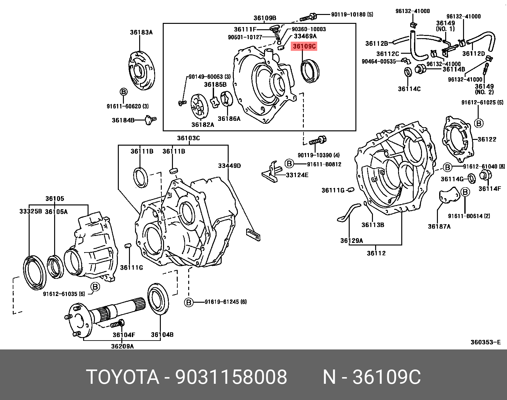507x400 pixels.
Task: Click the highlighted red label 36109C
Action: [x=304, y=46]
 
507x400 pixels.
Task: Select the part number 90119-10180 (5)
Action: [x=352, y=14]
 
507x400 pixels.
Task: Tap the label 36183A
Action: [x=141, y=32]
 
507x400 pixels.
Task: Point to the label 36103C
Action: [x=188, y=138]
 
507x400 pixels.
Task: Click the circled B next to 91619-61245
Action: [x=189, y=302]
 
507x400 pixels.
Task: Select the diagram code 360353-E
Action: [x=485, y=342]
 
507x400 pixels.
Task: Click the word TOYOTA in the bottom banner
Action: [x=122, y=377]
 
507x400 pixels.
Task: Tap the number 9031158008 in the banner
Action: [x=231, y=377]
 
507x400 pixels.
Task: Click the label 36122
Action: [x=487, y=139]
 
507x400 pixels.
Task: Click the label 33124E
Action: [x=297, y=175]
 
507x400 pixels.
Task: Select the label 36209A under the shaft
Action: [x=122, y=346]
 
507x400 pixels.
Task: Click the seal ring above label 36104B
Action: [x=158, y=299]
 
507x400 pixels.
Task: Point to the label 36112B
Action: [x=376, y=44]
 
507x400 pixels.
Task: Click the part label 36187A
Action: [x=439, y=226]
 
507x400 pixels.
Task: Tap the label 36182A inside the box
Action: [x=203, y=125]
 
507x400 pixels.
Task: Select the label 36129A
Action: [x=352, y=241]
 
